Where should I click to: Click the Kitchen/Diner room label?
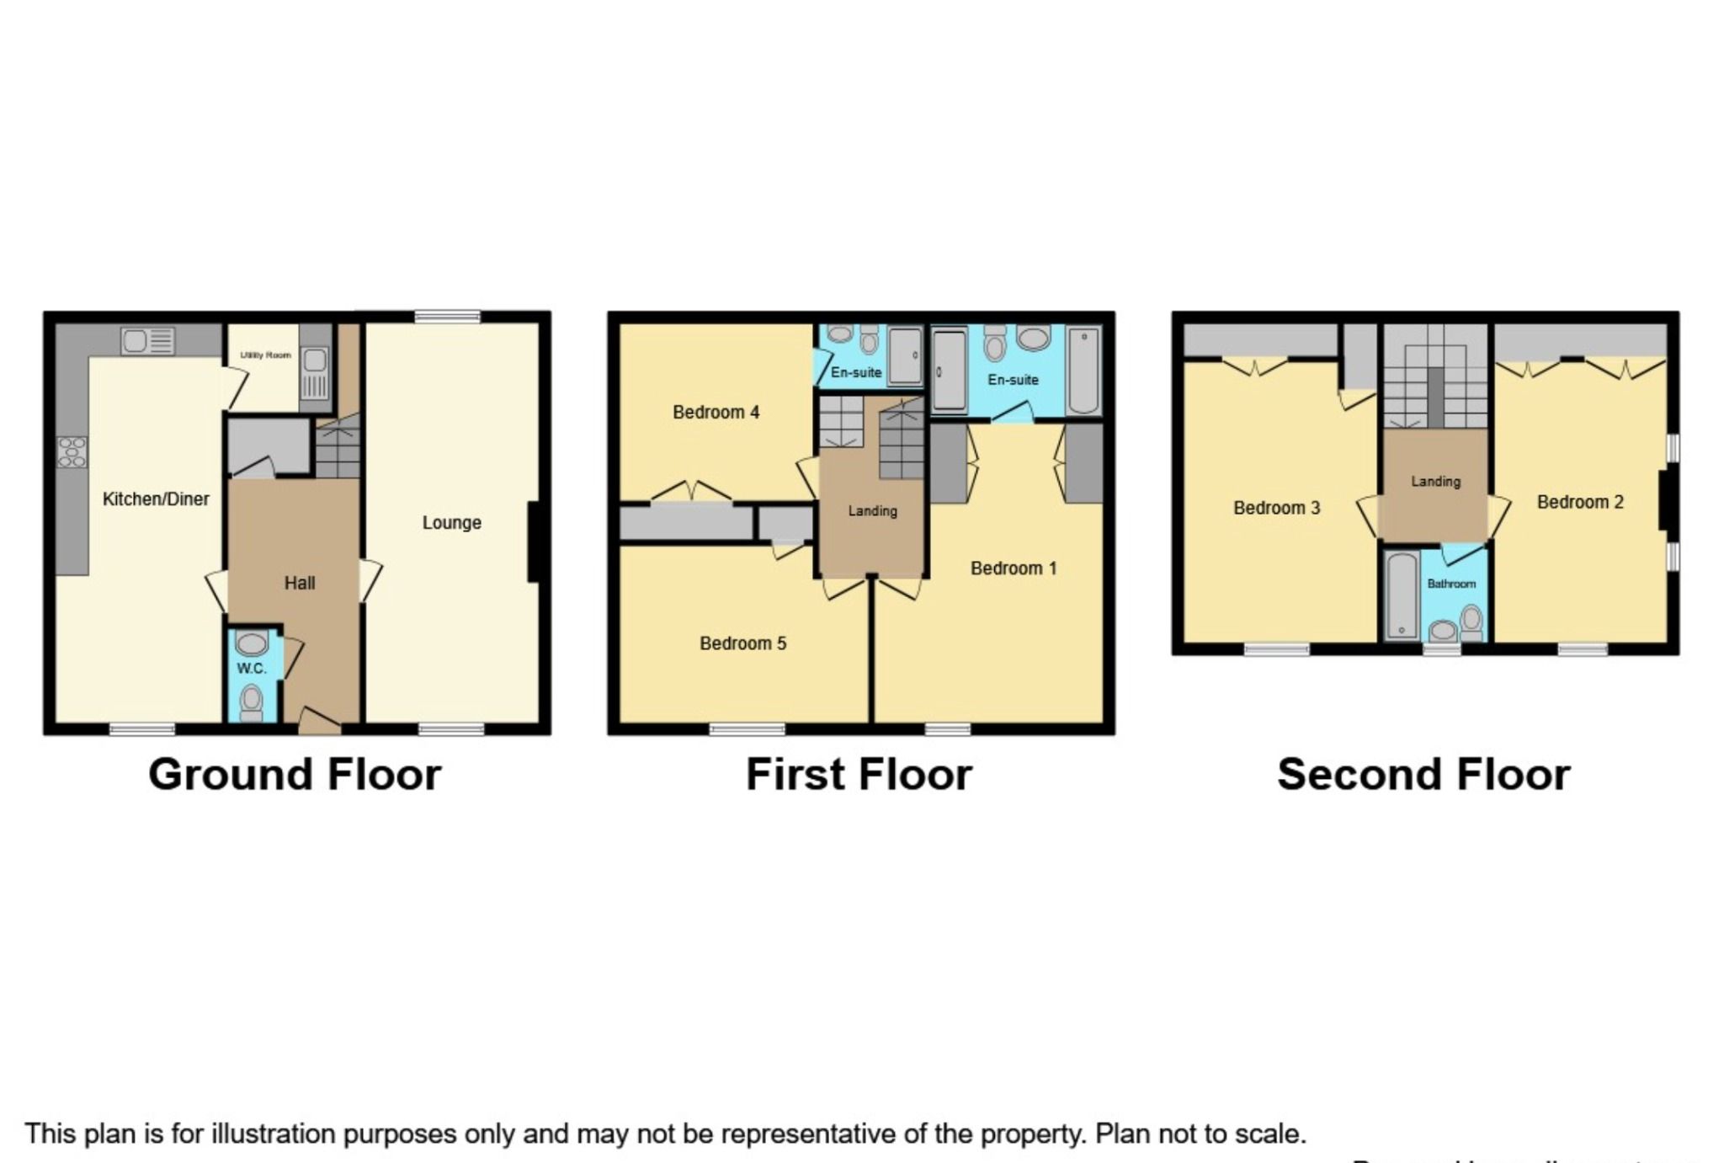156,499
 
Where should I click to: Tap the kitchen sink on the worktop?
147,341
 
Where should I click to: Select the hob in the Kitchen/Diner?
72,452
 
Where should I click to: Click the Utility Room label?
265,355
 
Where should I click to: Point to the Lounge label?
451,523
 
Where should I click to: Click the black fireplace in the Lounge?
533,541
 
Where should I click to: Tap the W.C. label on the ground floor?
251,669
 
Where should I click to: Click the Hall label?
299,583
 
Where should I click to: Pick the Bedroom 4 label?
716,412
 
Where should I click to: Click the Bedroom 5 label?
742,643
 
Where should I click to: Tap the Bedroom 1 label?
1013,568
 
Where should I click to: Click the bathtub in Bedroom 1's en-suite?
1083,371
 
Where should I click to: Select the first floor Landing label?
872,510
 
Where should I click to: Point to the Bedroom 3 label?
1276,508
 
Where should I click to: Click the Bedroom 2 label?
1579,503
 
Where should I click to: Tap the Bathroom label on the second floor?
1450,584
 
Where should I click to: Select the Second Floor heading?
1423,775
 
